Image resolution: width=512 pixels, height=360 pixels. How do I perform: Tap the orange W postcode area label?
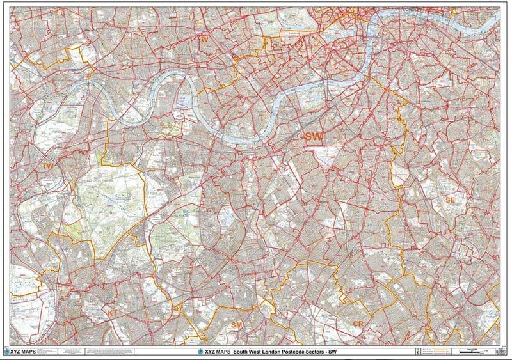[x=205, y=40]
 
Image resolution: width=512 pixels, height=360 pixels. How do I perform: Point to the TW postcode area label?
[x=47, y=166]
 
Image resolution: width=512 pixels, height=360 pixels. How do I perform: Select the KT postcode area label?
[x=113, y=313]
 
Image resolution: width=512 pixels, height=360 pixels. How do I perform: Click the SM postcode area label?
[x=236, y=325]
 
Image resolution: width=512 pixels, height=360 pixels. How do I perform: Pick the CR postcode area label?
[x=358, y=325]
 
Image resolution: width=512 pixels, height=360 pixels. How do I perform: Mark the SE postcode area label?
[x=450, y=200]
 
